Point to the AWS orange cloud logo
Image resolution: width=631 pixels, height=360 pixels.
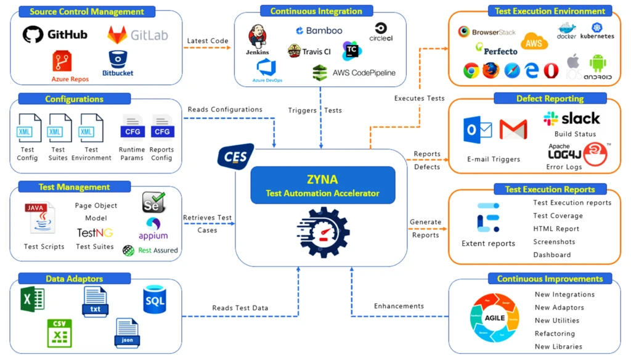(534, 42)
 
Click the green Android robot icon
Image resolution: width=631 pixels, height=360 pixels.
(597, 63)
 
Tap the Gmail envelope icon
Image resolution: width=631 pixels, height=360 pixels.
(513, 130)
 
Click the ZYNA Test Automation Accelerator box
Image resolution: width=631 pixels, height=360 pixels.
(322, 185)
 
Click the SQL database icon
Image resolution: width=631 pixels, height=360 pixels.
(154, 300)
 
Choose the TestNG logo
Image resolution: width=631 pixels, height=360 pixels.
(94, 233)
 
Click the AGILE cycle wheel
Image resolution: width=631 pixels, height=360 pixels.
(495, 318)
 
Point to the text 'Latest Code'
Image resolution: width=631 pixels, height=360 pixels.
(207, 41)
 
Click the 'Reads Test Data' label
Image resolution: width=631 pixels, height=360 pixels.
(240, 308)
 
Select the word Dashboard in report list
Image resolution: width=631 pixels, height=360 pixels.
(552, 255)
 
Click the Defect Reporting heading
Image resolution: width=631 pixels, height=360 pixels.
(550, 99)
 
